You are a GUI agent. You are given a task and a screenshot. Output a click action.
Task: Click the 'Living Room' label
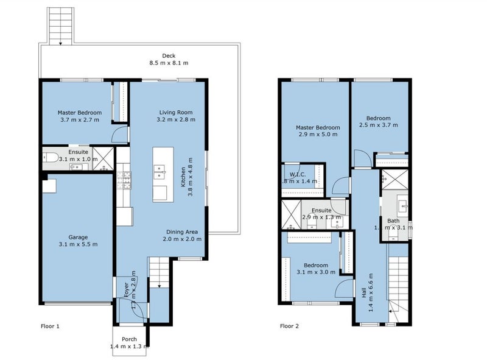pos(176,112)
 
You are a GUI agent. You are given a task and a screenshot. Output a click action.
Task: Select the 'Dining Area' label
pos(183,231)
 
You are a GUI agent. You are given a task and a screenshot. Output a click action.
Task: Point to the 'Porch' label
pos(129,339)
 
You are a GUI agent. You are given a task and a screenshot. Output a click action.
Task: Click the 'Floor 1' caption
pos(50,326)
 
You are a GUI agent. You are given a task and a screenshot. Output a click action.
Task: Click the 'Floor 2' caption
pos(289,326)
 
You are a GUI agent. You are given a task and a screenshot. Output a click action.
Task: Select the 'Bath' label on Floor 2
pos(393,221)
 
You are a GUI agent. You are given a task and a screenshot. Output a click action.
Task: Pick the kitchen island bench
pos(160,174)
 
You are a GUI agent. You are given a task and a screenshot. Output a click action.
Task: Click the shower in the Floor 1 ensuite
pos(104,158)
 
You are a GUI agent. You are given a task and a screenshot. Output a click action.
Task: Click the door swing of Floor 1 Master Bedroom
pos(121,136)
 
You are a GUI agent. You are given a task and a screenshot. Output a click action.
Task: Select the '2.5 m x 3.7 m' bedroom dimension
pos(378,125)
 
